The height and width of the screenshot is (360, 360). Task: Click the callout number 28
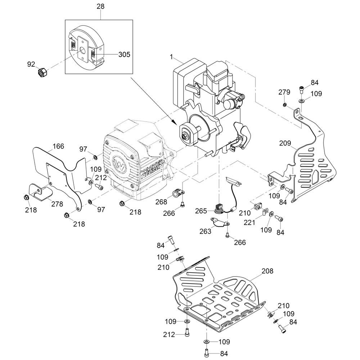[100, 6]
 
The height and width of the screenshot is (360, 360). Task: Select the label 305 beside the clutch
[124, 55]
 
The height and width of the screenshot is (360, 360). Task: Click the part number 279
[284, 92]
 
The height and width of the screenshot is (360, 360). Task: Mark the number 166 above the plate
[58, 146]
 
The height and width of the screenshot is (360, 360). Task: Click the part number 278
[57, 204]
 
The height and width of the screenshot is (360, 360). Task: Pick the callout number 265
[201, 210]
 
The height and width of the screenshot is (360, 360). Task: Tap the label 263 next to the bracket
[205, 231]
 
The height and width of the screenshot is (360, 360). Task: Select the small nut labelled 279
[284, 105]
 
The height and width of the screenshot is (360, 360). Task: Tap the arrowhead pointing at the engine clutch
[176, 121]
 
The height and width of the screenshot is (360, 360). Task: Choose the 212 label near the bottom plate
[168, 335]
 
